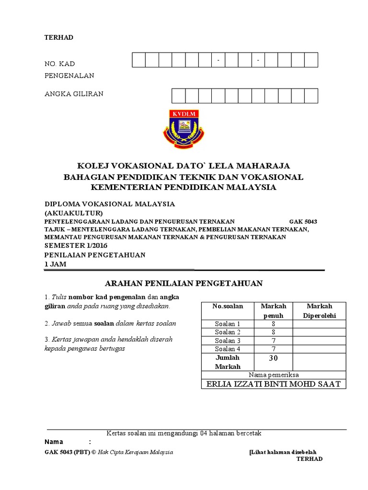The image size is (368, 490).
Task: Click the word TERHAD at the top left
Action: (x=59, y=38)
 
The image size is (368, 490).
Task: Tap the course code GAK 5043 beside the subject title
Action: (x=303, y=222)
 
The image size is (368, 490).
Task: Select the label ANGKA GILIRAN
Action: (x=74, y=94)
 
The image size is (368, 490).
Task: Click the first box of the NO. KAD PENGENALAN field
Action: (x=138, y=60)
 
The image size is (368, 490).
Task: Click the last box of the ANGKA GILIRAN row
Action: (x=311, y=96)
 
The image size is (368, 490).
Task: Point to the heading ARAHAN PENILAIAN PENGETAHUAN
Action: (x=184, y=284)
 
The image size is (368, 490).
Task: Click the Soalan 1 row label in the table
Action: (x=228, y=324)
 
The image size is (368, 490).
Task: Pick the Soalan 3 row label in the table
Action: (x=228, y=341)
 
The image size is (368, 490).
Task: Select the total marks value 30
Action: (x=273, y=358)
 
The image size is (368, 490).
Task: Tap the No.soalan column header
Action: (x=228, y=306)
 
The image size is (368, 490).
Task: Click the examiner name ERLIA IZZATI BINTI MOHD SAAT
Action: (x=273, y=384)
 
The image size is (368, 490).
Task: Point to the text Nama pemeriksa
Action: (x=273, y=375)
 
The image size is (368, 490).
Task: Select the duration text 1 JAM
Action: (x=56, y=264)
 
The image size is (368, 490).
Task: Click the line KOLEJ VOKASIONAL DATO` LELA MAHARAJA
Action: (x=184, y=166)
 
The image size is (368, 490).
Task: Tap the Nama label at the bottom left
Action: (x=54, y=441)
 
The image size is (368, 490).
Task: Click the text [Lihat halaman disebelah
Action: (x=283, y=452)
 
